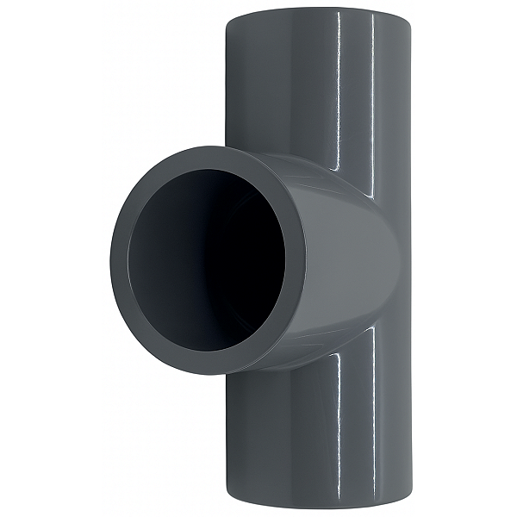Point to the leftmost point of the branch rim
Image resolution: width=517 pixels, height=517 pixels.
(111, 258)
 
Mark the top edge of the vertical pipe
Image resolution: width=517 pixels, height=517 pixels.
(317, 10)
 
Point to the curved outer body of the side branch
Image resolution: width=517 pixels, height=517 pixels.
(345, 258)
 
